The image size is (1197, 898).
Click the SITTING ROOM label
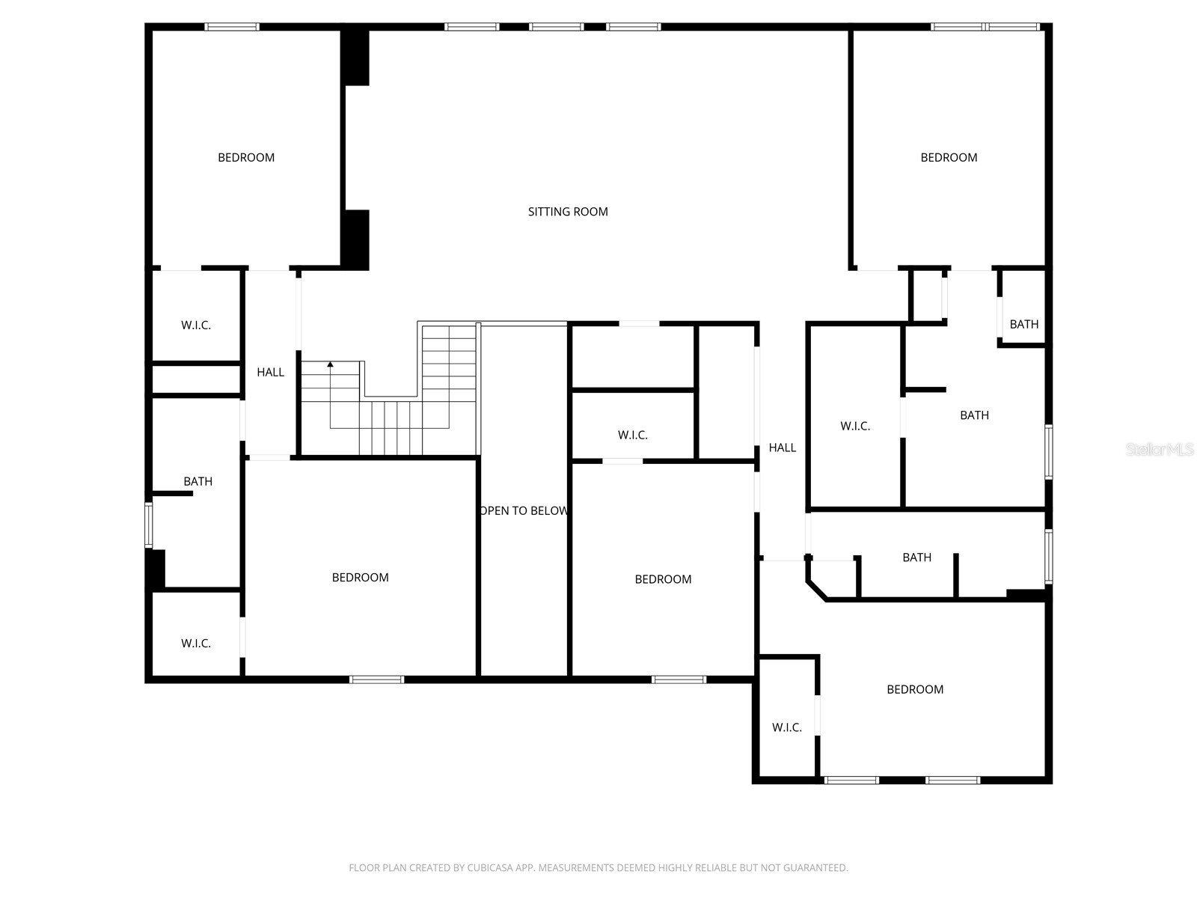click(x=568, y=212)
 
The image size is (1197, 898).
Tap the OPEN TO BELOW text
click(x=524, y=511)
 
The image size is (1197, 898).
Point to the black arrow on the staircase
click(x=330, y=364)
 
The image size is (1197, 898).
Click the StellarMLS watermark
click(x=1160, y=450)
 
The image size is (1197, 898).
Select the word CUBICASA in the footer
click(x=494, y=868)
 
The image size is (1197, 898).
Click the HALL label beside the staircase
click(x=270, y=372)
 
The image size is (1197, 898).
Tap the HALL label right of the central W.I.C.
click(x=782, y=448)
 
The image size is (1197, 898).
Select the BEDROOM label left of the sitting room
click(x=246, y=157)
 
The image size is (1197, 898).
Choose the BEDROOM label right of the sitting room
click(x=949, y=157)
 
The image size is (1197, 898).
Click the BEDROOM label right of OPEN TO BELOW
click(x=663, y=579)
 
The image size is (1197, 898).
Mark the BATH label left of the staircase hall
click(x=198, y=481)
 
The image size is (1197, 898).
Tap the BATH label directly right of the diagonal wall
click(x=916, y=558)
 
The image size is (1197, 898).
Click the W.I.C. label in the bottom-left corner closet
click(x=196, y=644)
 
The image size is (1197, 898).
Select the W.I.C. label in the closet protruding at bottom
click(x=787, y=727)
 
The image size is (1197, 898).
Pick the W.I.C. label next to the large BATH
click(x=855, y=427)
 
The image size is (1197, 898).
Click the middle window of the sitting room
click(x=556, y=27)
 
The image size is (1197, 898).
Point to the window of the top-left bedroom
click(x=232, y=27)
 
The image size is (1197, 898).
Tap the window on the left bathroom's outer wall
click(x=149, y=525)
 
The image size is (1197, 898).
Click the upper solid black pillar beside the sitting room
click(x=355, y=58)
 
